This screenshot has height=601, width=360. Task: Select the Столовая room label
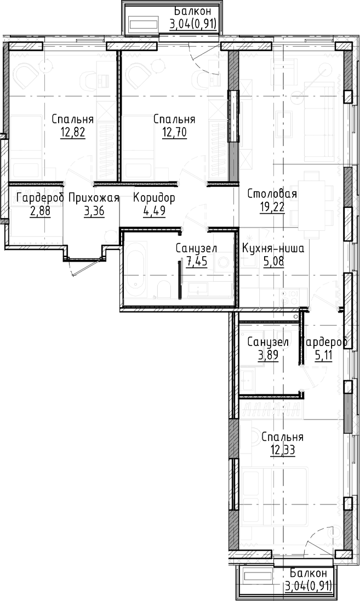coord(272,194)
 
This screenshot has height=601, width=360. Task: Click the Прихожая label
coord(94,198)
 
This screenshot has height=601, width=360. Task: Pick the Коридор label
coord(155,198)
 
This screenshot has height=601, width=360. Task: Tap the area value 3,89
coord(267,354)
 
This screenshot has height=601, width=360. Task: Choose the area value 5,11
coord(324,354)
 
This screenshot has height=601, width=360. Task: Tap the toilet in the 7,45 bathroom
coord(164,290)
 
